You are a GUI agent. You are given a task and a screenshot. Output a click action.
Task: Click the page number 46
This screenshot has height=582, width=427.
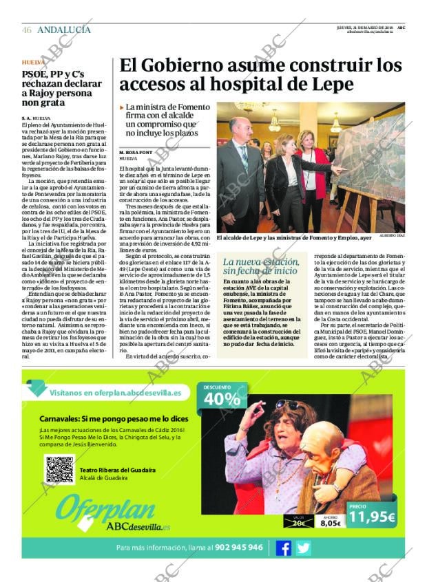pyautogui.click(x=26, y=30)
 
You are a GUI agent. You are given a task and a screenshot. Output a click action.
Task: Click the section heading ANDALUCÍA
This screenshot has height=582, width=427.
pyautogui.click(x=64, y=30)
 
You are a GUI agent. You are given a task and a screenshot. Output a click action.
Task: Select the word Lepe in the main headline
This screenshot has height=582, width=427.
pyautogui.click(x=333, y=85)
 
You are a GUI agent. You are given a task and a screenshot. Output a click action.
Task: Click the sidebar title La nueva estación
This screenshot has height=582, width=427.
pyautogui.click(x=260, y=262)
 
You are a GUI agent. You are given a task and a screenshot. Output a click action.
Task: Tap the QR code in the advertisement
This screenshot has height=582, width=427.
pyautogui.click(x=59, y=470)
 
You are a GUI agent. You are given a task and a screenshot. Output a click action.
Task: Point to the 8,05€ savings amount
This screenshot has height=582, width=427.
pyautogui.click(x=330, y=523)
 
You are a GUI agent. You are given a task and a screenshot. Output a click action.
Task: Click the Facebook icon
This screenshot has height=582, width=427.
pyautogui.click(x=283, y=548)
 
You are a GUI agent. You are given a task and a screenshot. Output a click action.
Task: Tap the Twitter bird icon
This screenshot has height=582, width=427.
pyautogui.click(x=303, y=548)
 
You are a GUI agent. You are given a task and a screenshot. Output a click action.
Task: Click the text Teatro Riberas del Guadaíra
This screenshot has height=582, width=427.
pyautogui.click(x=117, y=470)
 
